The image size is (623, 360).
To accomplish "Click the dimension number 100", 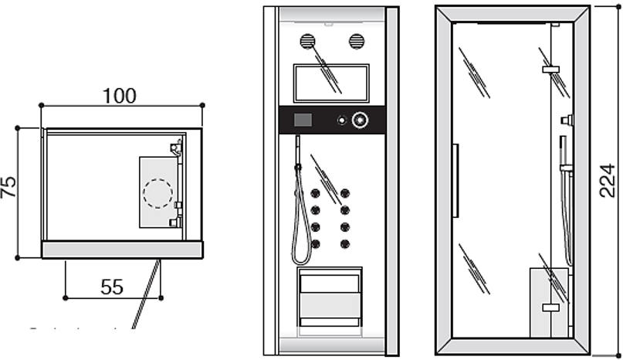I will pyautogui.click(x=120, y=96).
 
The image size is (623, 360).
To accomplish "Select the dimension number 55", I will pyautogui.click(x=113, y=287).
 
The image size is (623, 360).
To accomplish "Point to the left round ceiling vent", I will pyautogui.click(x=307, y=41).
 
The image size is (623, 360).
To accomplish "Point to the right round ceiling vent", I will pyautogui.click(x=356, y=41).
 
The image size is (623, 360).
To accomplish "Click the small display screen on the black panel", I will pyautogui.click(x=303, y=121).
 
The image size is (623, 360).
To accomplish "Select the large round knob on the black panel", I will pyautogui.click(x=360, y=121).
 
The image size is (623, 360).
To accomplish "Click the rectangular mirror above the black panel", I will pyautogui.click(x=331, y=83).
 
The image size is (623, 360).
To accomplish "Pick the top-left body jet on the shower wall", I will pyautogui.click(x=315, y=193).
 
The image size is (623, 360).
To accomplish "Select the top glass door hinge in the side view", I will pyautogui.click(x=551, y=70).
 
